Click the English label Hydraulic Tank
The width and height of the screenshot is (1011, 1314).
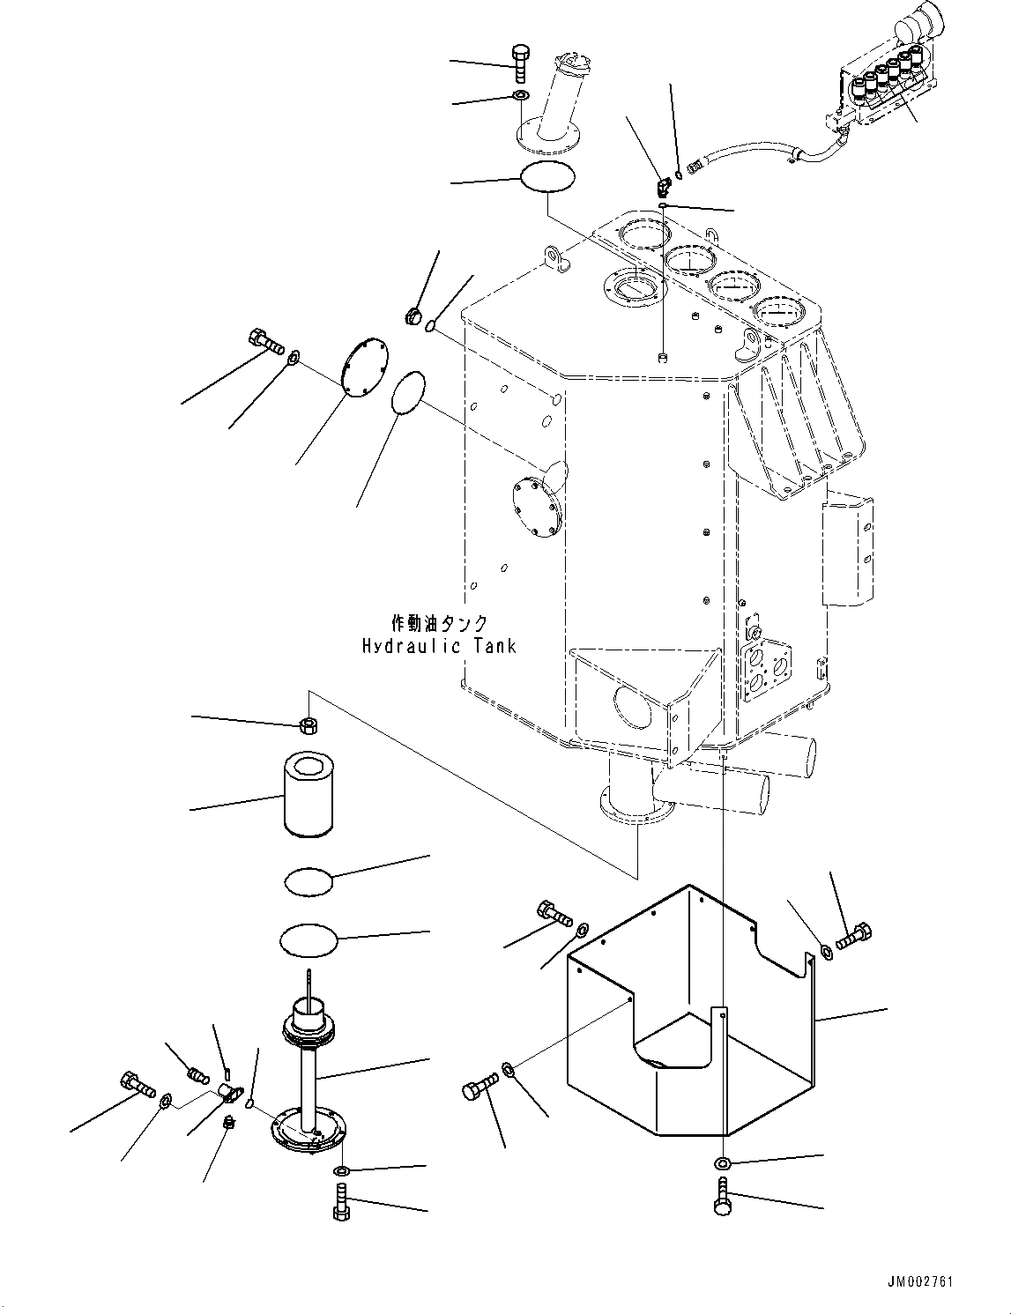click(439, 646)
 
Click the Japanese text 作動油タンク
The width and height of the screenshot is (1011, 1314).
click(439, 623)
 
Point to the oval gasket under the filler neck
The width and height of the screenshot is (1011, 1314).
click(546, 176)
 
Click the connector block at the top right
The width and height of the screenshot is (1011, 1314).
click(881, 88)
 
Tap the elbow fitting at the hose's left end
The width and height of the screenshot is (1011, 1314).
click(663, 186)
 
